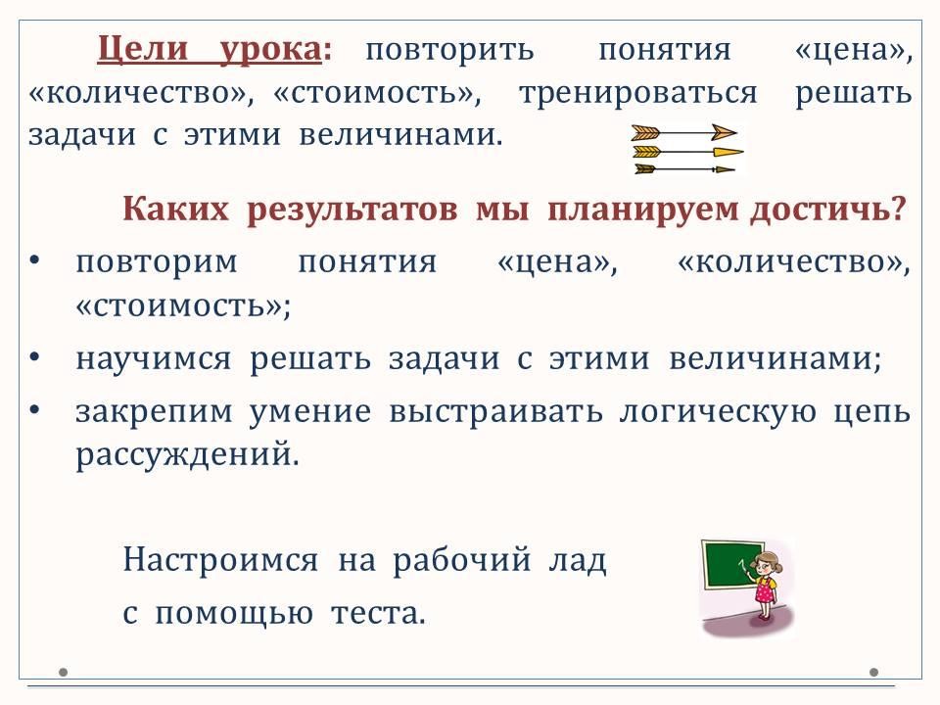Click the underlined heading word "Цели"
pyautogui.click(x=142, y=49)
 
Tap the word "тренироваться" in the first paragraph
pyautogui.click(x=638, y=93)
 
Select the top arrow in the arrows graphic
pyautogui.click(x=684, y=132)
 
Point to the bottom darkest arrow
pyautogui.click(x=684, y=169)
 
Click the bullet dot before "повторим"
pyautogui.click(x=35, y=260)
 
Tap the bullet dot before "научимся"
pyautogui.click(x=35, y=357)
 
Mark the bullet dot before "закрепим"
pyautogui.click(x=35, y=410)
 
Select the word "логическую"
pyautogui.click(x=718, y=412)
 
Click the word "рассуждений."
pyautogui.click(x=187, y=455)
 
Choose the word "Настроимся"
pyautogui.click(x=220, y=560)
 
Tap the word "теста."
pyautogui.click(x=378, y=613)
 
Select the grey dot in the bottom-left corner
pyautogui.click(x=63, y=672)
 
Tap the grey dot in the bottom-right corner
pyautogui.click(x=873, y=672)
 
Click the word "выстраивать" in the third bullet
pyautogui.click(x=495, y=411)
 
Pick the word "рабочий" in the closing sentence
pyautogui.click(x=462, y=560)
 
